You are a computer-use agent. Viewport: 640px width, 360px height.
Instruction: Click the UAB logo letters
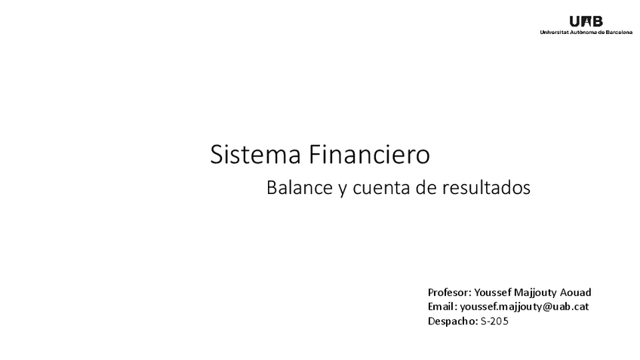[x=586, y=21]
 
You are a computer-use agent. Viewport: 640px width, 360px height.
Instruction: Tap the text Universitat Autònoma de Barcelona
[x=586, y=32]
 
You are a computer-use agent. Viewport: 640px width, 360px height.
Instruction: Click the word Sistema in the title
[x=254, y=154]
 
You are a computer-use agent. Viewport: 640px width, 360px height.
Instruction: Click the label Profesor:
[x=449, y=292]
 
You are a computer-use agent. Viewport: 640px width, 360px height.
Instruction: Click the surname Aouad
[x=576, y=292]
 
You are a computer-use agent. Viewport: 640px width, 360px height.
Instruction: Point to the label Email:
[x=442, y=306]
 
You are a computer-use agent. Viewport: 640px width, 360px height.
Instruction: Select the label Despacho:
[x=452, y=322]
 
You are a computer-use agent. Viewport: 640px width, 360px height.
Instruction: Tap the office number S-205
[x=494, y=322]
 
